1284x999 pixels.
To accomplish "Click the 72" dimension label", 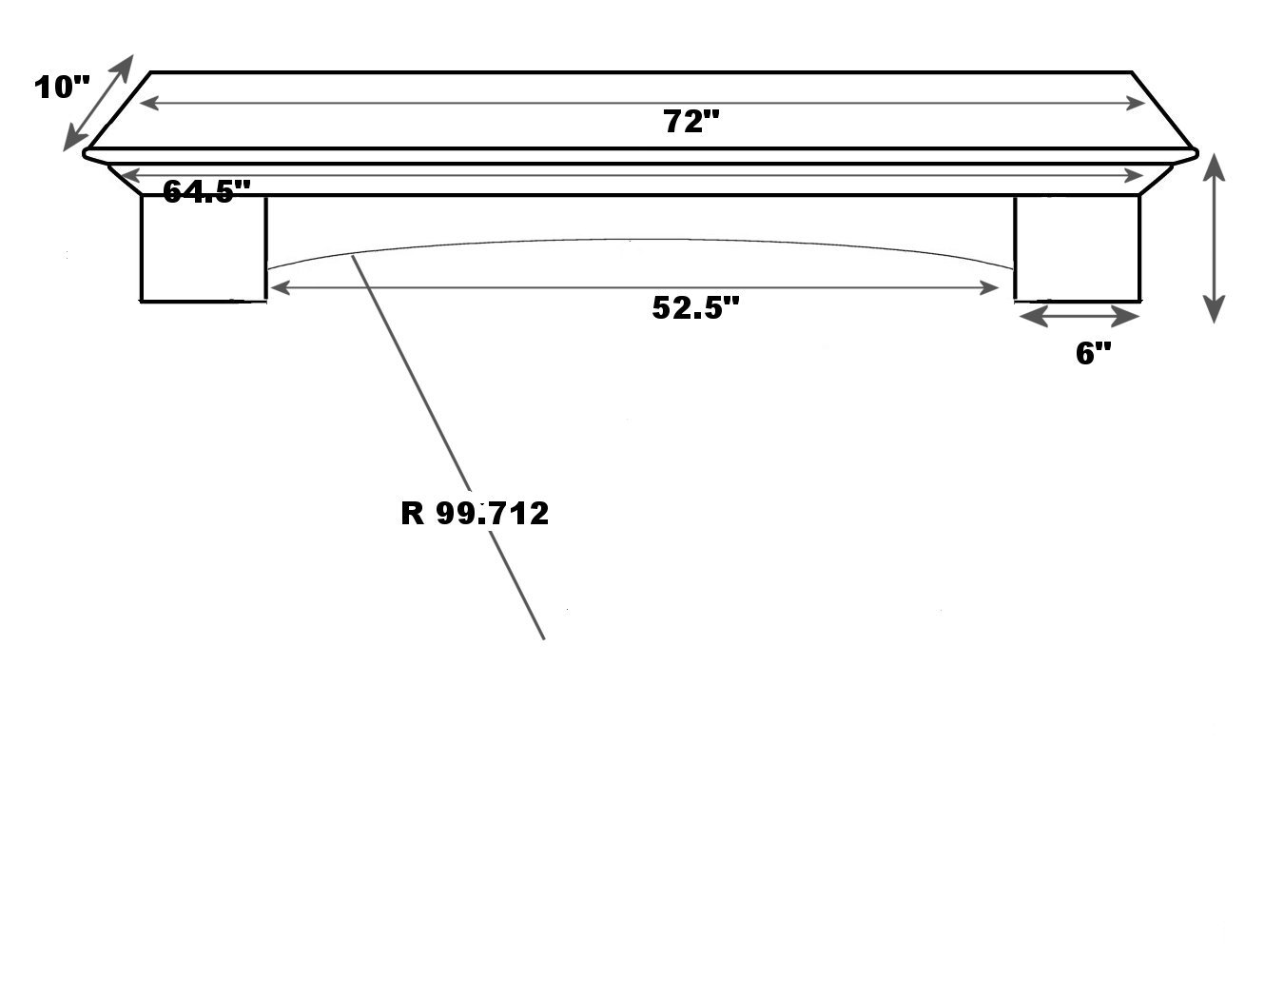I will [x=692, y=123].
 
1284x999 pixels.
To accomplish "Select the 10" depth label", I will [x=61, y=88].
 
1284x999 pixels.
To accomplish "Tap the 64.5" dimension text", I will [x=206, y=191].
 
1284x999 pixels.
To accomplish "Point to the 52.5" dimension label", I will [x=695, y=307].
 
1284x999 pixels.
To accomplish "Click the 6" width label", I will [x=1093, y=354].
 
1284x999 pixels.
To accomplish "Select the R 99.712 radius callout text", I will [x=475, y=514].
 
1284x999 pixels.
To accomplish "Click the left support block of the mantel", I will [x=204, y=248].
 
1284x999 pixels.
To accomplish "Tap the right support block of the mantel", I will [x=1077, y=248].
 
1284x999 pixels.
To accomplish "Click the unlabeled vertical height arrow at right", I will [x=1214, y=238].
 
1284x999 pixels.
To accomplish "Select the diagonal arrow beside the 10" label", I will [x=98, y=103].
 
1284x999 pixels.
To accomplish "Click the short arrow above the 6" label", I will [x=1077, y=315].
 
